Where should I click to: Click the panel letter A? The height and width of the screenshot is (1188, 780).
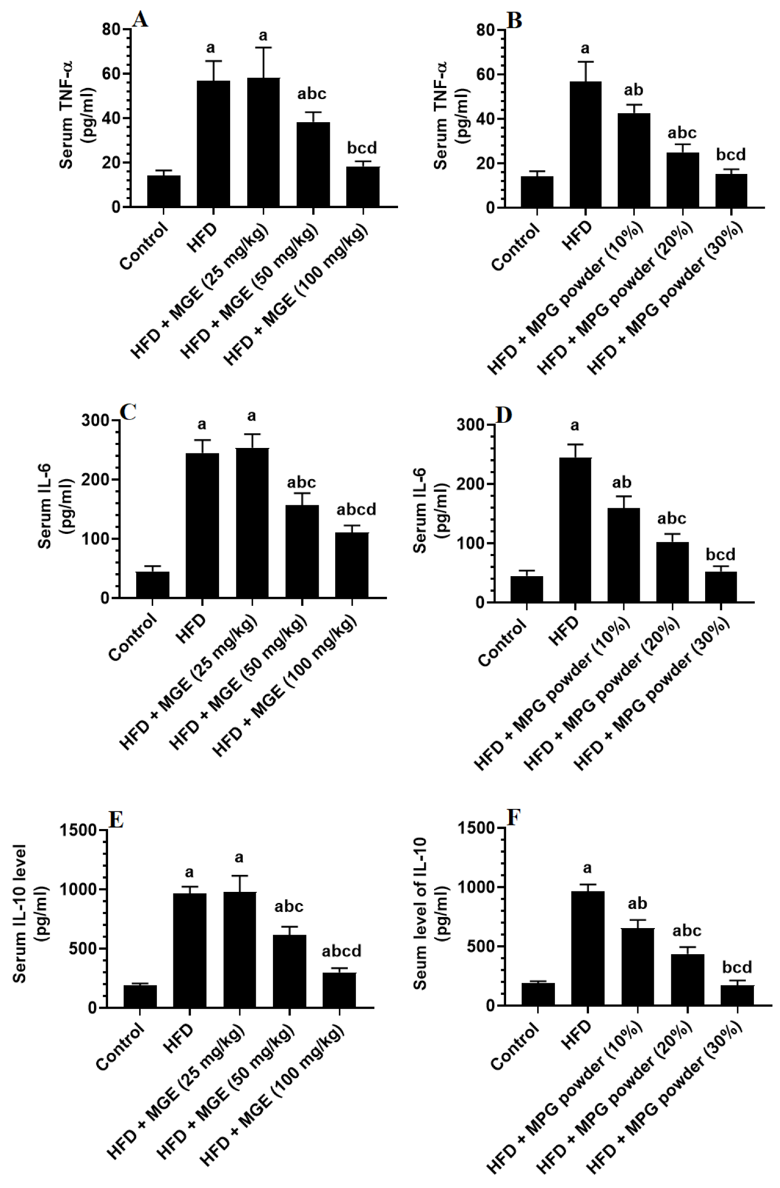(140, 20)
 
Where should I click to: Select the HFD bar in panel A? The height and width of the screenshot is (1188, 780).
(213, 143)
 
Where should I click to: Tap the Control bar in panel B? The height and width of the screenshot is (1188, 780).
(537, 192)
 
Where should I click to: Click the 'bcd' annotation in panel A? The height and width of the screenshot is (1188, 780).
(362, 148)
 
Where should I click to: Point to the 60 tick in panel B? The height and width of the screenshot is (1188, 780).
(485, 75)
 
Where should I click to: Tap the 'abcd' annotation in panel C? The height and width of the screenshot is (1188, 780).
(356, 510)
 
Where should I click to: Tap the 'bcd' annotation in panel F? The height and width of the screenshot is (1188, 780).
(737, 967)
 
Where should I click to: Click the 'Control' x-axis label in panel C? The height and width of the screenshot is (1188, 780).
(133, 638)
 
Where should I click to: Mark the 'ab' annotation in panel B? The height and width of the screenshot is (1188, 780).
(633, 90)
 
